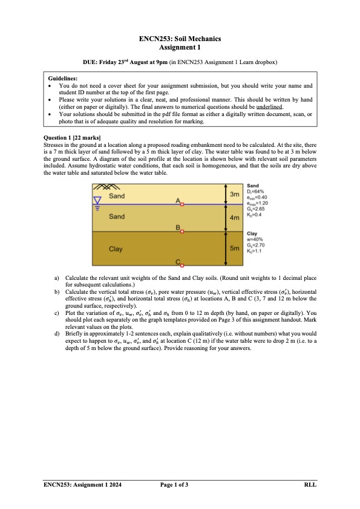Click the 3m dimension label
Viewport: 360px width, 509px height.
[235, 193]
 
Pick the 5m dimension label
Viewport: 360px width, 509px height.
[235, 248]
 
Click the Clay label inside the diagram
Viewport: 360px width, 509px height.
[116, 248]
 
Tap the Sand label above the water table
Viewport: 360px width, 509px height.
[117, 196]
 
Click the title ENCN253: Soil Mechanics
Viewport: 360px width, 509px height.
[180, 39]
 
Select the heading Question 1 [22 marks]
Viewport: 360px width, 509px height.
[73, 138]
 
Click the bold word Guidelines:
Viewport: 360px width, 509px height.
[63, 78]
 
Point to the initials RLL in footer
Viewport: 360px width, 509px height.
[310, 485]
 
